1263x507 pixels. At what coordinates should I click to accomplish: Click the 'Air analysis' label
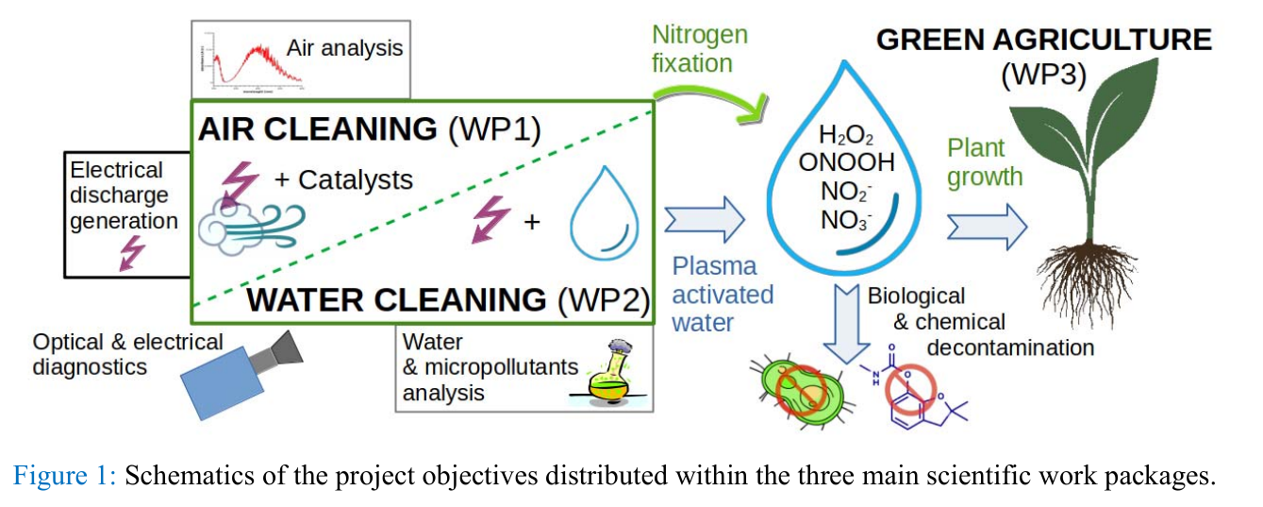344,47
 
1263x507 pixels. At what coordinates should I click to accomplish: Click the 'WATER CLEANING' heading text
396,299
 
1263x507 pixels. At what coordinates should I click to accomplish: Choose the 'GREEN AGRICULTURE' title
1043,41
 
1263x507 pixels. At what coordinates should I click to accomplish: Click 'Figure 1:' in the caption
64,476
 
